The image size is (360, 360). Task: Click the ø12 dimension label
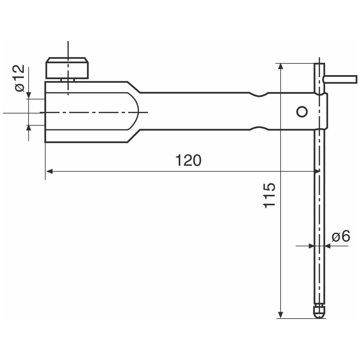[19, 78]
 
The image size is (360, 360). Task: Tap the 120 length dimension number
[189, 160]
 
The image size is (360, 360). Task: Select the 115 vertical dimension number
[269, 195]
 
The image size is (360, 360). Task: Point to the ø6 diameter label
[341, 236]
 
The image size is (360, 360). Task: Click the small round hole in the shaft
[302, 112]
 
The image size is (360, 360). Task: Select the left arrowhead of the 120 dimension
[49, 171]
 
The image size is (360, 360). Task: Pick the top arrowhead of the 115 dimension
[280, 67]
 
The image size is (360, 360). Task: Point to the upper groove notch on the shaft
[259, 94]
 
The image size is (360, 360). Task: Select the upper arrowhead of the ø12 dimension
[28, 95]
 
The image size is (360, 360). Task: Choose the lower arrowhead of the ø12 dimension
[28, 128]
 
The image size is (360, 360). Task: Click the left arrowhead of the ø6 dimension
[311, 246]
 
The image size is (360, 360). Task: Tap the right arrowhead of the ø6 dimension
[328, 246]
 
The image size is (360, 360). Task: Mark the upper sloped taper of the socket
[134, 87]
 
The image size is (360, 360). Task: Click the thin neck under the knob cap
[67, 80]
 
